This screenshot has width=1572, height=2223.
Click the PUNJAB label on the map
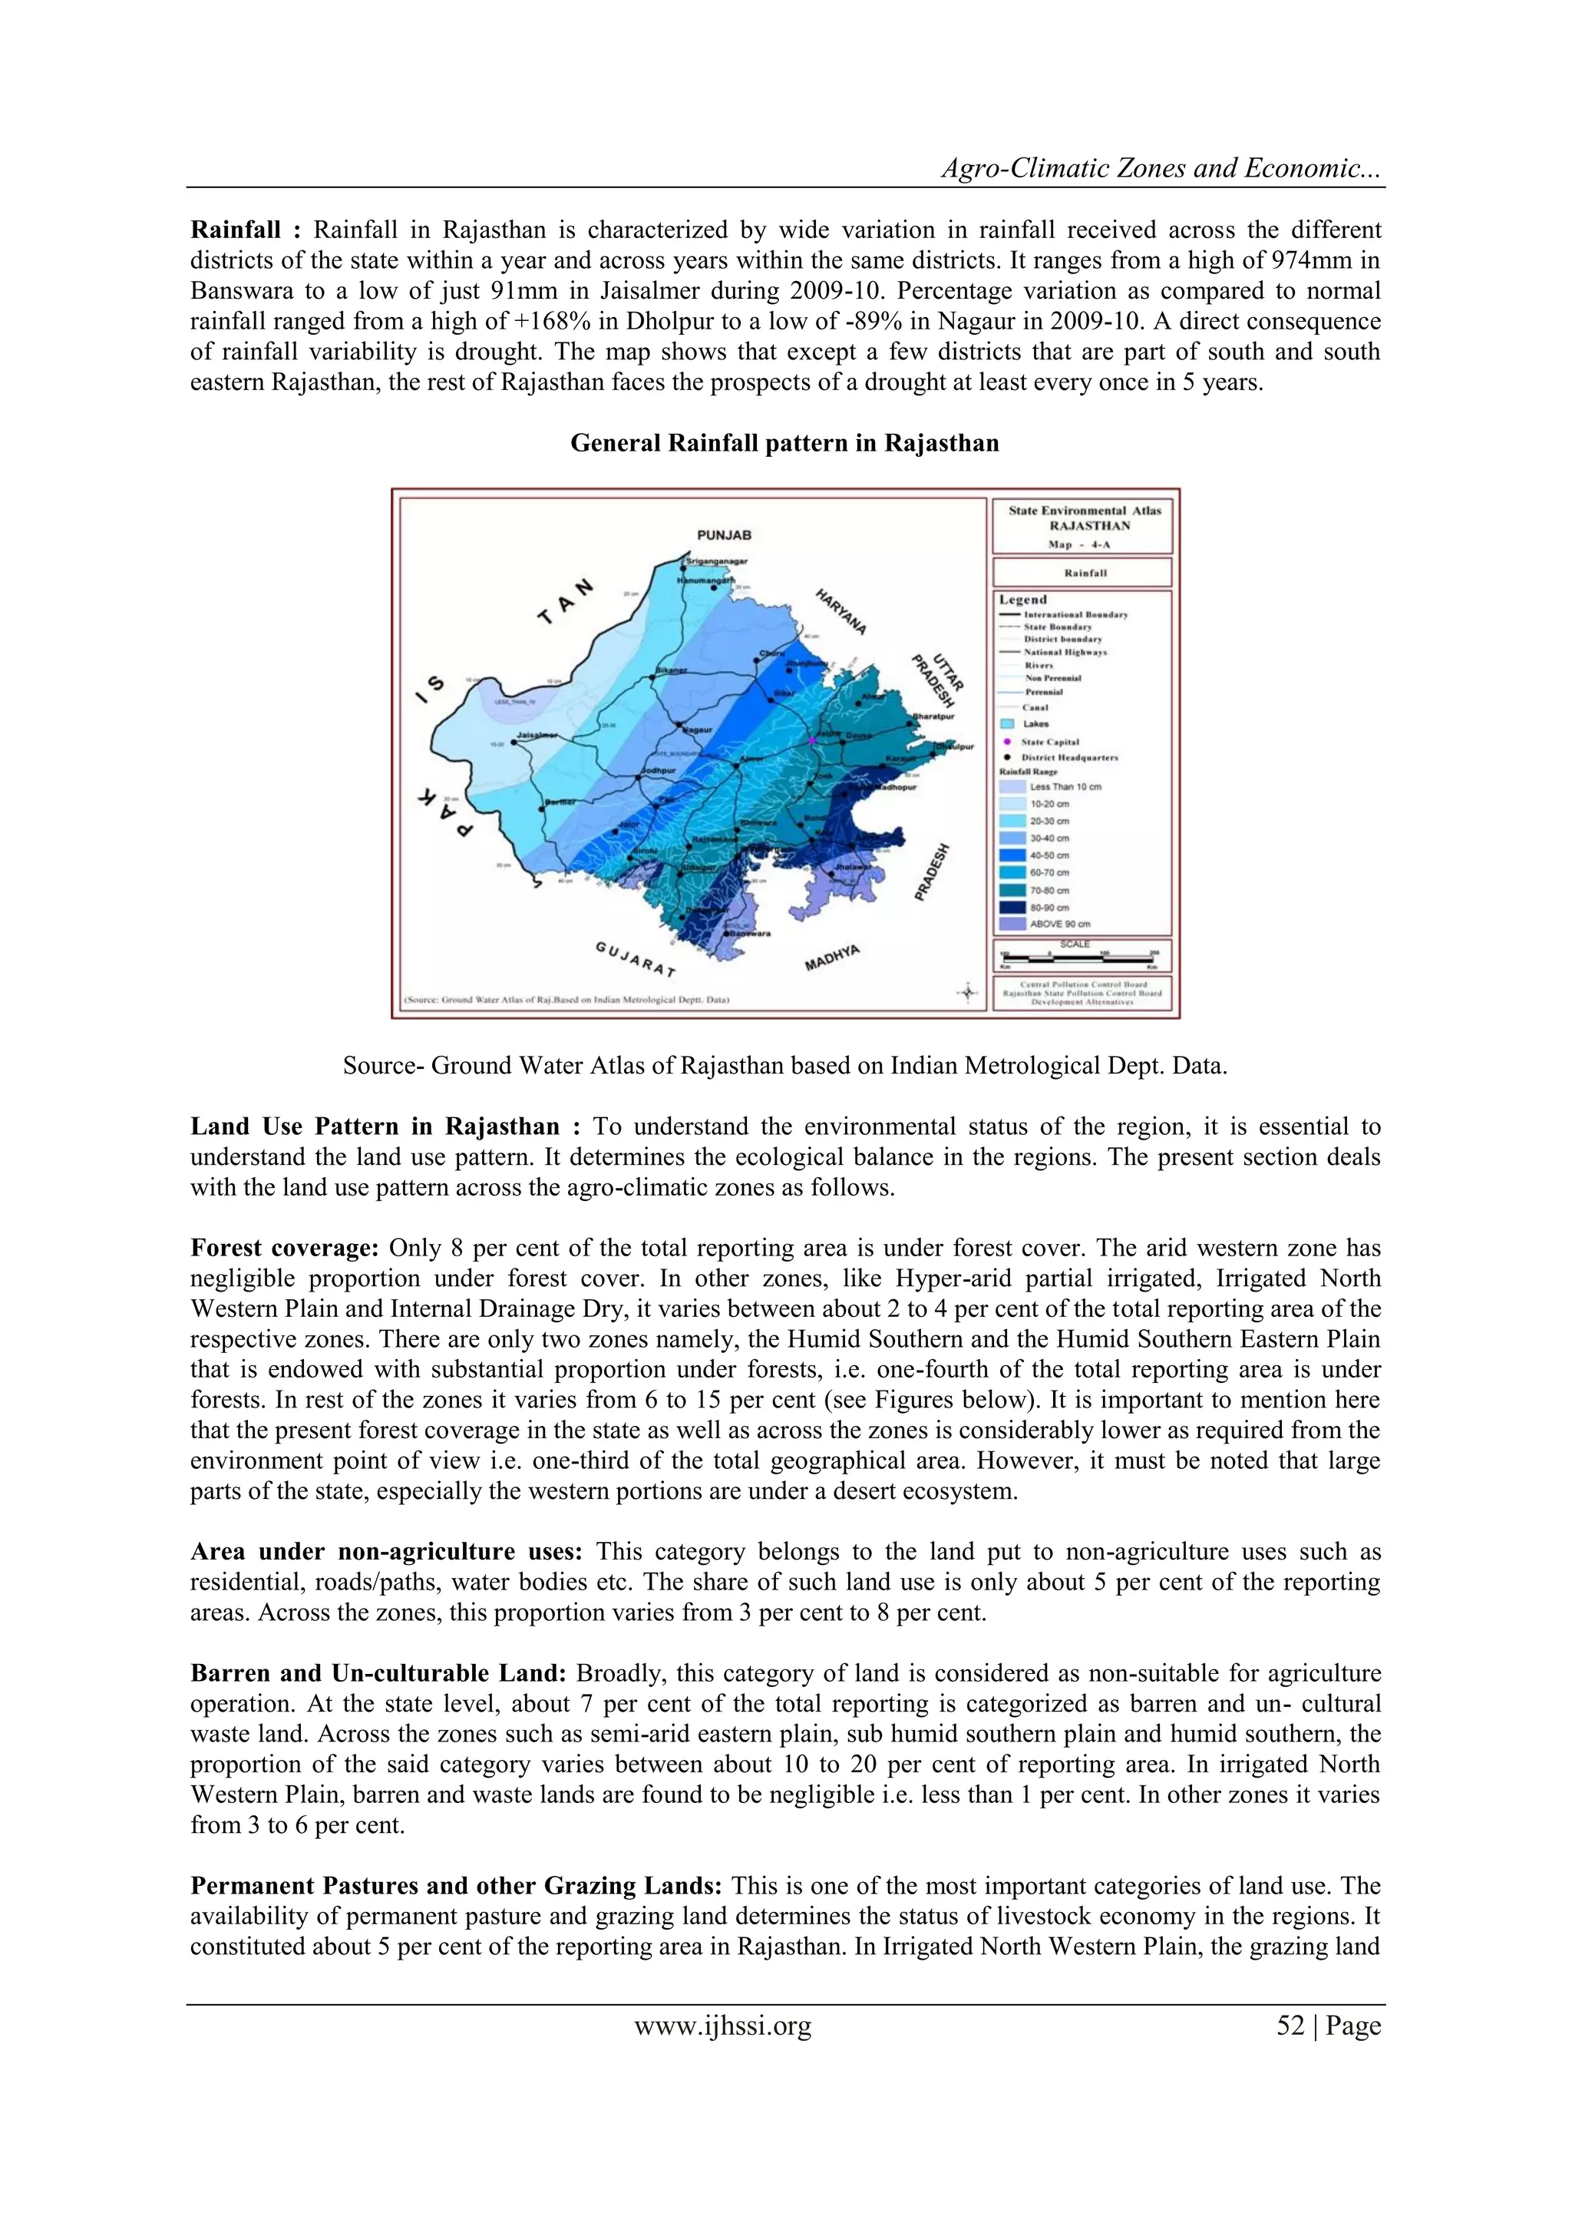pyautogui.click(x=724, y=534)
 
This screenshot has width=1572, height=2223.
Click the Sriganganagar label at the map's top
pyautogui.click(x=716, y=561)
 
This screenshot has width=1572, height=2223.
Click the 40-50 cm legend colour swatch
pyautogui.click(x=1012, y=855)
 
